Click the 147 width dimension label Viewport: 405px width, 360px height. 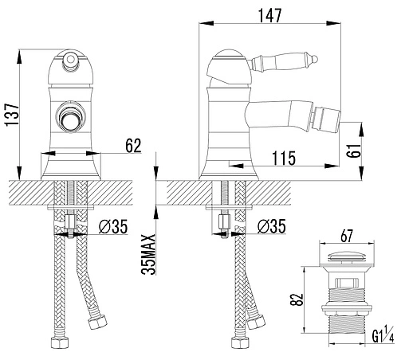click(269, 15)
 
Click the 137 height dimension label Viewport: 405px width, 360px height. click(12, 115)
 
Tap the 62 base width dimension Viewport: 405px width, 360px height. click(133, 146)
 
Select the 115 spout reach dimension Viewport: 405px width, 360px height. click(284, 158)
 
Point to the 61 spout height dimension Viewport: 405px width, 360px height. click(354, 151)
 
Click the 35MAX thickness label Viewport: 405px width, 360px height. click(148, 254)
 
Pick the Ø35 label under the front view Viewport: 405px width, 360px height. click(113, 226)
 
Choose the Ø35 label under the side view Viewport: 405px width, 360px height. click(272, 226)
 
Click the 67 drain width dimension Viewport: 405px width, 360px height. click(347, 236)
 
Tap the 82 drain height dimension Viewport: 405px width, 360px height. click(297, 299)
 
